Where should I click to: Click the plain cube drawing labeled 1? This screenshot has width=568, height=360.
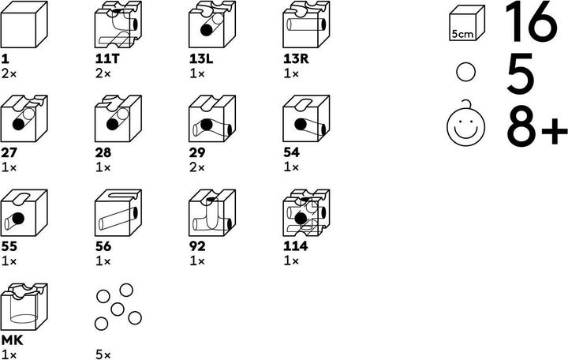pyautogui.click(x=24, y=24)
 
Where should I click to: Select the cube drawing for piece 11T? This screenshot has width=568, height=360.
pyautogui.click(x=118, y=24)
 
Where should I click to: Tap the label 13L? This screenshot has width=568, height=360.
pyautogui.click(x=201, y=59)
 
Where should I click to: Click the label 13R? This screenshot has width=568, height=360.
pyautogui.click(x=296, y=59)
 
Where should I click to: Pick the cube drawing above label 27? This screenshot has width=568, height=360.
pyautogui.click(x=24, y=118)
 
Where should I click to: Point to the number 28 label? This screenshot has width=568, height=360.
pyautogui.click(x=103, y=152)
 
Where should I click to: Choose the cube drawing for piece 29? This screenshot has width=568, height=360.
pyautogui.click(x=212, y=118)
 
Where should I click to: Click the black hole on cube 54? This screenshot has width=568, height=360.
pyautogui.click(x=301, y=125)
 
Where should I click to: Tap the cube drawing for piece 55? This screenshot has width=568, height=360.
pyautogui.click(x=24, y=212)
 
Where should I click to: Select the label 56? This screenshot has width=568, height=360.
pyautogui.click(x=103, y=246)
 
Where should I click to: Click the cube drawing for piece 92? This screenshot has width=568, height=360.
pyautogui.click(x=212, y=212)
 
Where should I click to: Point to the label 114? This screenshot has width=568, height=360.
pyautogui.click(x=296, y=246)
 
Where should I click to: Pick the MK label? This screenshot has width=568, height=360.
pyautogui.click(x=13, y=340)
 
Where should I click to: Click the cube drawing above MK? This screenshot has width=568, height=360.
pyautogui.click(x=24, y=306)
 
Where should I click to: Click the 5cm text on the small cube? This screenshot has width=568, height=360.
pyautogui.click(x=462, y=35)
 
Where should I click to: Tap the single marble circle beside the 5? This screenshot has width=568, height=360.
pyautogui.click(x=465, y=72)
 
